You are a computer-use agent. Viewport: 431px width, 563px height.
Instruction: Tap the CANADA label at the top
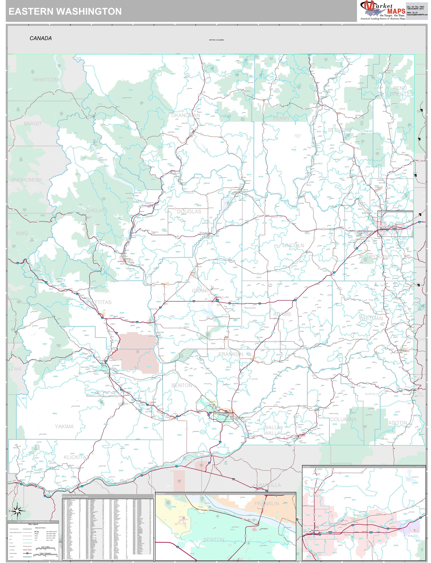click(x=41, y=38)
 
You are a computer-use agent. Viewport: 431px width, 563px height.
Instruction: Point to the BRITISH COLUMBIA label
click(x=217, y=40)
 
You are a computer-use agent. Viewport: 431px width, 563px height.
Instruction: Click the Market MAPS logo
click(x=383, y=10)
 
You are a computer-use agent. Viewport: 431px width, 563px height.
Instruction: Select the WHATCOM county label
click(x=46, y=80)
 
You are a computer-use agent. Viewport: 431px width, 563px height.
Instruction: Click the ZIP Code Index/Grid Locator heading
click(x=75, y=496)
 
